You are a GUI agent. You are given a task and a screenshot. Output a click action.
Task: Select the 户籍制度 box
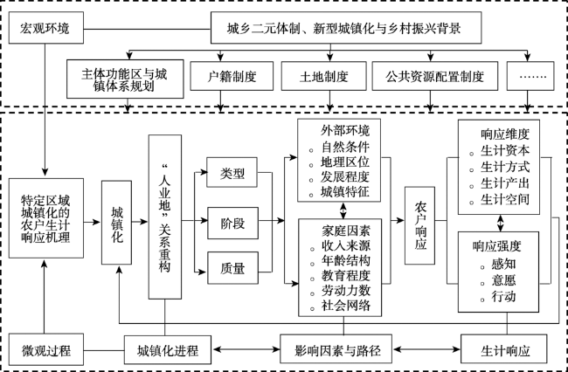tap(232, 77)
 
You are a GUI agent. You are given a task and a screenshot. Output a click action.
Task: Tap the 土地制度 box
tap(315, 77)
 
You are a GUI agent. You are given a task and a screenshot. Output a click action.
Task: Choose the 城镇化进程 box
tap(168, 352)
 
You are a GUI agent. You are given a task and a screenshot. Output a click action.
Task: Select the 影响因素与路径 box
tap(337, 352)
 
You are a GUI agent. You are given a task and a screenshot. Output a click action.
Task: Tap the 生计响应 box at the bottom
tap(506, 352)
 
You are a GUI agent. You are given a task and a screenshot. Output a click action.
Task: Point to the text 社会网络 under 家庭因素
tap(345, 305)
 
